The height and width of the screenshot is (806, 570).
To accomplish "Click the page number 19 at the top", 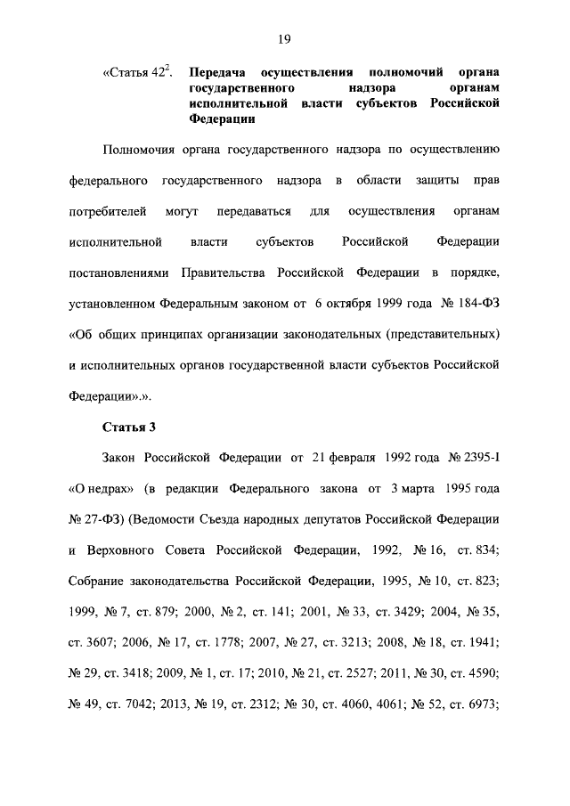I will (x=285, y=38).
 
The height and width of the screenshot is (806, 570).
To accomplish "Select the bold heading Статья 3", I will (x=129, y=426).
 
